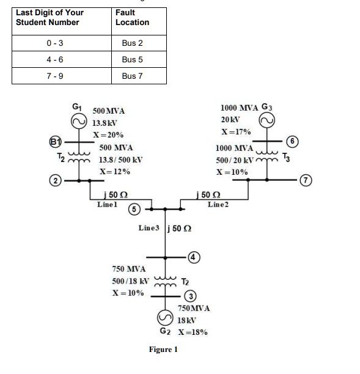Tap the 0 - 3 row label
(x=56, y=44)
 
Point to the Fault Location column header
(x=132, y=17)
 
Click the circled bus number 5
(x=132, y=209)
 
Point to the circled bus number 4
(x=193, y=257)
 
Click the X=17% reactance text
(x=237, y=131)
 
